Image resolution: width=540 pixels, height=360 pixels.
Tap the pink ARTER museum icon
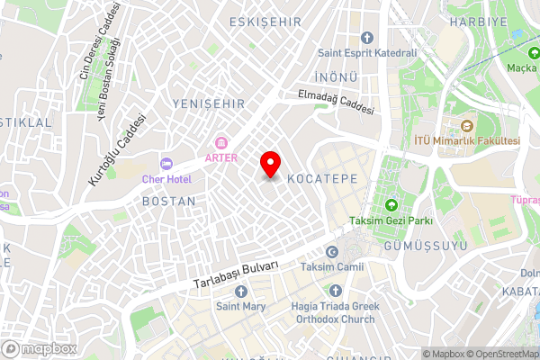point(221,143)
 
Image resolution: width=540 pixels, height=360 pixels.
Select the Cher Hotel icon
point(166,163)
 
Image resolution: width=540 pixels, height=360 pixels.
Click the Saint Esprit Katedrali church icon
point(366,38)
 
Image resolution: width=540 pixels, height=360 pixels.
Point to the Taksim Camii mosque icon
point(332,253)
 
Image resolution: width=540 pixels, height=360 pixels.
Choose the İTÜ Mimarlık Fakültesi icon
point(466,126)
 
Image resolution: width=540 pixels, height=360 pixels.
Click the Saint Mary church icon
point(239,291)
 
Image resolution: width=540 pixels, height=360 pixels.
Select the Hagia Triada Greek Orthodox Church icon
point(336,291)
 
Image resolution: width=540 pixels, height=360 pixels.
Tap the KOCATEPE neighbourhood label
point(322,180)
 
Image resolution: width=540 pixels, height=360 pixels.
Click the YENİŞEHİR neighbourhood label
point(209,104)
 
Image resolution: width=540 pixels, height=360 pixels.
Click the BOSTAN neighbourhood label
point(168,202)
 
